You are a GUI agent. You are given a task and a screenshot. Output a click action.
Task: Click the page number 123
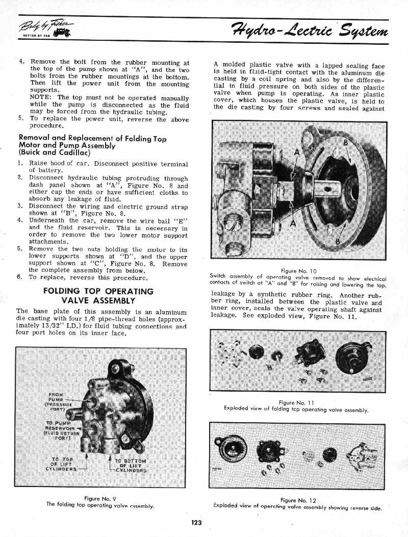[x=197, y=522]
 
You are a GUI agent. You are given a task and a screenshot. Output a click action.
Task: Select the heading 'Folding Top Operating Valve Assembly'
[x=98, y=296]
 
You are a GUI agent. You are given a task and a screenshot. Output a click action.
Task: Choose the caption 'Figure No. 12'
[x=298, y=500]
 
